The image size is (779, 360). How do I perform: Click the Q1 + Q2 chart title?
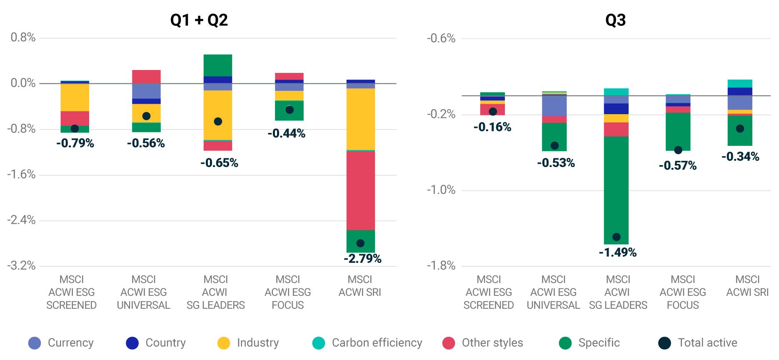[199, 20]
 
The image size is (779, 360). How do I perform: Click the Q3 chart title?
[615, 20]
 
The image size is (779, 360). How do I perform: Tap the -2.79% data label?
[362, 259]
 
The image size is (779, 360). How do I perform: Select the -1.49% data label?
[617, 252]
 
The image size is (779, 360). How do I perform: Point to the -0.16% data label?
[492, 127]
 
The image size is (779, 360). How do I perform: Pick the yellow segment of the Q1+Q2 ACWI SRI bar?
[361, 119]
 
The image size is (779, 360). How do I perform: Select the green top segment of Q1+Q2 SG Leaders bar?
[218, 65]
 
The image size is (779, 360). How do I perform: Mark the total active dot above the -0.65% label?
[218, 122]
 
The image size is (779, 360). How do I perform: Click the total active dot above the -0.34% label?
[740, 129]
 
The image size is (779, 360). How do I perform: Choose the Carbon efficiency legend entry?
[367, 343]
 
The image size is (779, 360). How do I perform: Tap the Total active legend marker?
[664, 343]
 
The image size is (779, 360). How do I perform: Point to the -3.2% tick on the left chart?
[21, 265]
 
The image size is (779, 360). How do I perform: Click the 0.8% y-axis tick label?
[23, 37]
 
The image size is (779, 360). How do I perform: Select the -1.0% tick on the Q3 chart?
[441, 190]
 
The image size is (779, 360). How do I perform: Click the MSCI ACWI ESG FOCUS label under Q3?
[683, 292]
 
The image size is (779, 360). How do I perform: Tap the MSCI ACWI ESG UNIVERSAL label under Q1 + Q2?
[143, 292]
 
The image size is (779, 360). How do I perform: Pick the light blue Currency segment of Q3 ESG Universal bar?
[554, 106]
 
